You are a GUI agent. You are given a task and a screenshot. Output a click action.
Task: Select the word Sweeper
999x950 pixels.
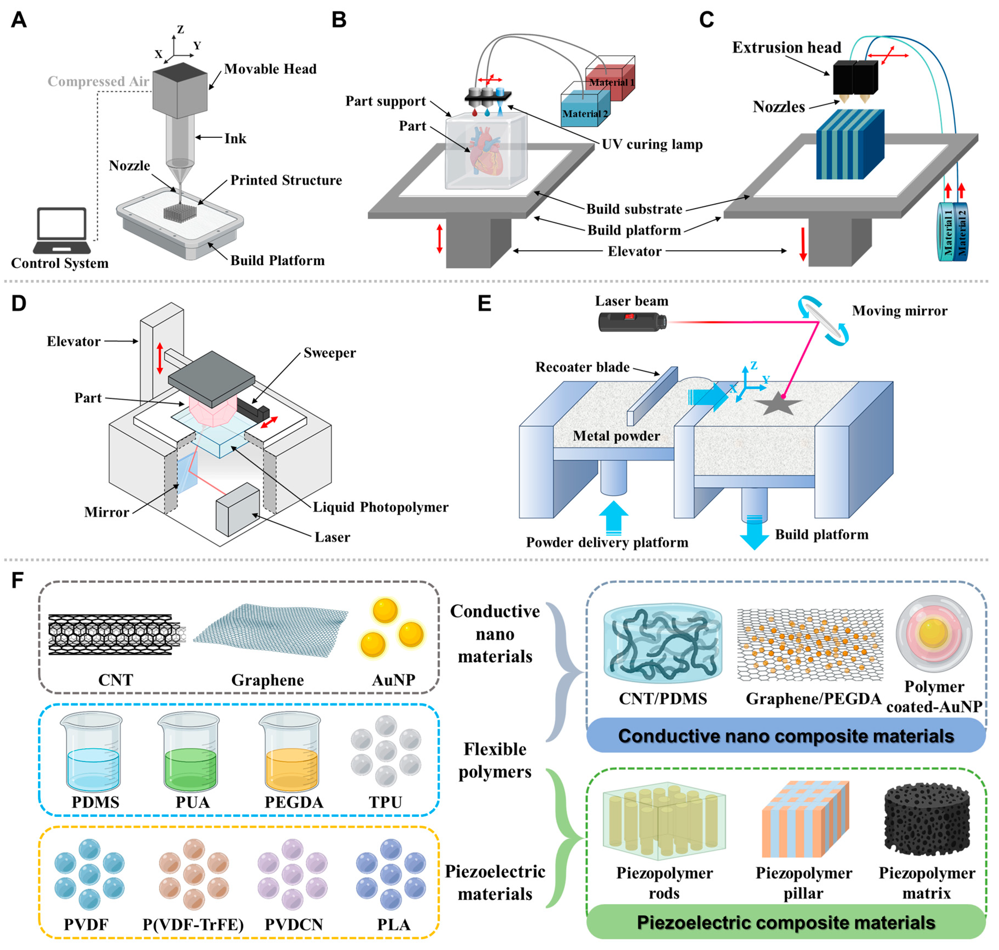tap(330, 353)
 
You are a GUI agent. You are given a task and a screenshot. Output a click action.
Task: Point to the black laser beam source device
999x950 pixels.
tap(632, 322)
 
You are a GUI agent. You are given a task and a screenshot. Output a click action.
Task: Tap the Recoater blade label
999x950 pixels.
tap(582, 367)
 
